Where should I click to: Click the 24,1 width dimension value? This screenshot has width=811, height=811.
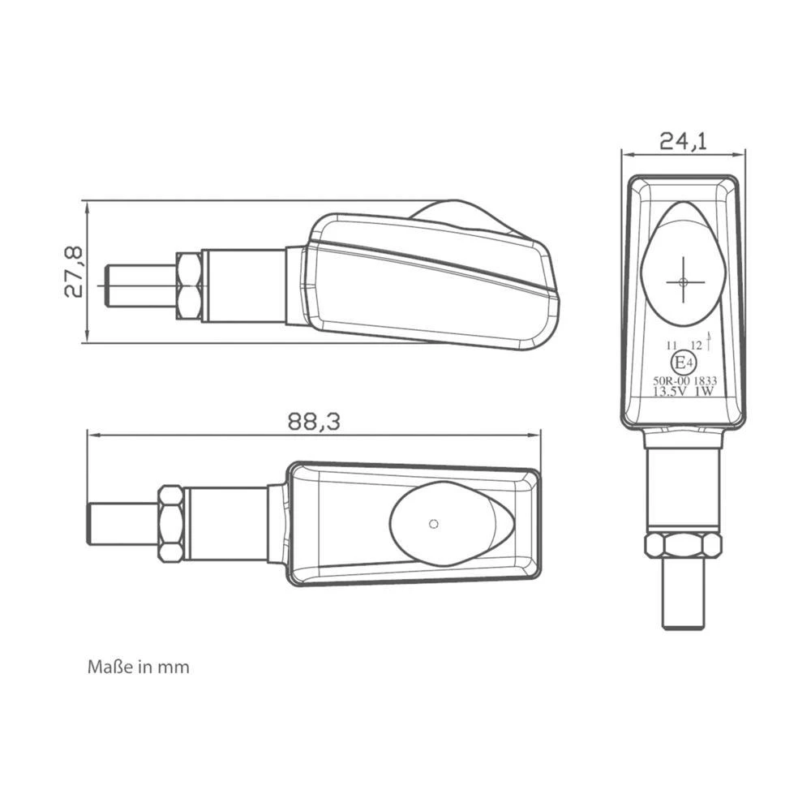tap(683, 141)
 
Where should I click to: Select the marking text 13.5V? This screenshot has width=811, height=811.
tap(670, 390)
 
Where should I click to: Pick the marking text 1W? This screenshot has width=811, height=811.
tap(704, 390)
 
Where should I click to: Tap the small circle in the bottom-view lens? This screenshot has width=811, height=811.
tap(435, 522)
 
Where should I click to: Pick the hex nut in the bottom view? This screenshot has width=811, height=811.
tap(170, 523)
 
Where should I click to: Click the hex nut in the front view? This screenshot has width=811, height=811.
tap(682, 545)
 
